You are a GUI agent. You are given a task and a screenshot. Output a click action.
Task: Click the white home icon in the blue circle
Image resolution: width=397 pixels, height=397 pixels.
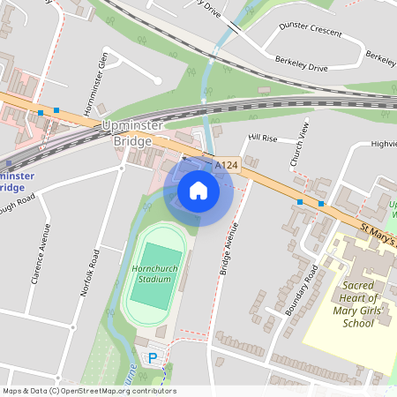[x=198, y=191]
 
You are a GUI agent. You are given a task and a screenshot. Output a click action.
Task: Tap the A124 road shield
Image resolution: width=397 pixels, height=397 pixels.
[x=227, y=165]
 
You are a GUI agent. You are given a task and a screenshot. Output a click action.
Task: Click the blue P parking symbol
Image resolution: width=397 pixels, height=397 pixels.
[x=153, y=358]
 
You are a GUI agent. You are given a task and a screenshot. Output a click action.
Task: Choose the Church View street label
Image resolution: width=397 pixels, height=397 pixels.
[x=301, y=143]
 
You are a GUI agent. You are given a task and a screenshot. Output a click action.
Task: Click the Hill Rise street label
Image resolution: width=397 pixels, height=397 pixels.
[x=262, y=139]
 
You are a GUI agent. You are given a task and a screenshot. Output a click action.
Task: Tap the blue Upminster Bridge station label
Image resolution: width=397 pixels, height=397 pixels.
[x=17, y=181]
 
